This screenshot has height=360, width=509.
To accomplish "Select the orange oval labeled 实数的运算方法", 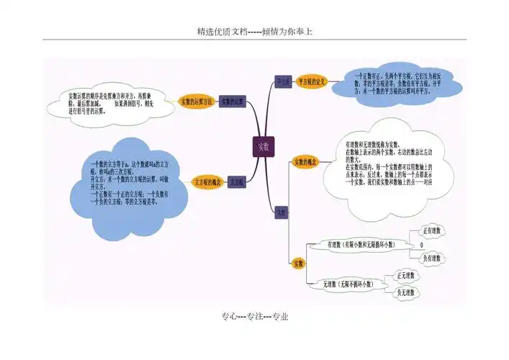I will (197, 102).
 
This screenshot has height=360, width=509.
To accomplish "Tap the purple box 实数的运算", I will (233, 102).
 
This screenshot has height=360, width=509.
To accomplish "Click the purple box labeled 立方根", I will (237, 182).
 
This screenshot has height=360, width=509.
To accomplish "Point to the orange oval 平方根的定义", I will (312, 82).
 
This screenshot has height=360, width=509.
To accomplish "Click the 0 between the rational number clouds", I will (421, 246).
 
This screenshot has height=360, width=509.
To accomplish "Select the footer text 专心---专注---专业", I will (254, 317).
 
